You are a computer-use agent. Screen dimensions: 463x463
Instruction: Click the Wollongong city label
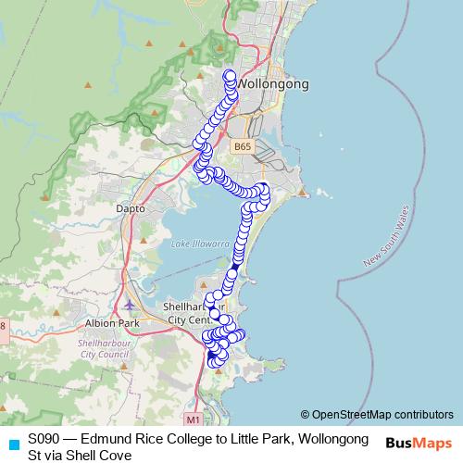[x=273, y=83]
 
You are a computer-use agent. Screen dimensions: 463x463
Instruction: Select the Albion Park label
[x=111, y=323]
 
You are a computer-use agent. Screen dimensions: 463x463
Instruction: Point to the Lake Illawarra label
[x=200, y=243]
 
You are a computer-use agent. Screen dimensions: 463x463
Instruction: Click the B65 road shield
[x=242, y=146]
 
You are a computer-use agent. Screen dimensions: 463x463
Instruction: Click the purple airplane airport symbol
[x=128, y=303]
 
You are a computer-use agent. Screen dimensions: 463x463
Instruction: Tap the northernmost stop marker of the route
[x=230, y=74]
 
